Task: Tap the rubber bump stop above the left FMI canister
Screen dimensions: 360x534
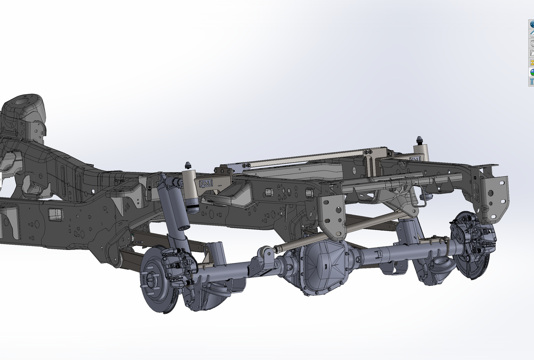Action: click(189, 165)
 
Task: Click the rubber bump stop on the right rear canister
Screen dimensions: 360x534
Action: click(420, 140)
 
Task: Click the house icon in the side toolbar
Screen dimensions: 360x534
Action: click(531, 34)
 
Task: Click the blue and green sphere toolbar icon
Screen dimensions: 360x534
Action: click(531, 72)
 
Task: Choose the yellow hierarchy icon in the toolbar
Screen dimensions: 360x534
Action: click(531, 62)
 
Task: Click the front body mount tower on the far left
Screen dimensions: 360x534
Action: click(24, 112)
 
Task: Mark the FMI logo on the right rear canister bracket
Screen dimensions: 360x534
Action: click(415, 159)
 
